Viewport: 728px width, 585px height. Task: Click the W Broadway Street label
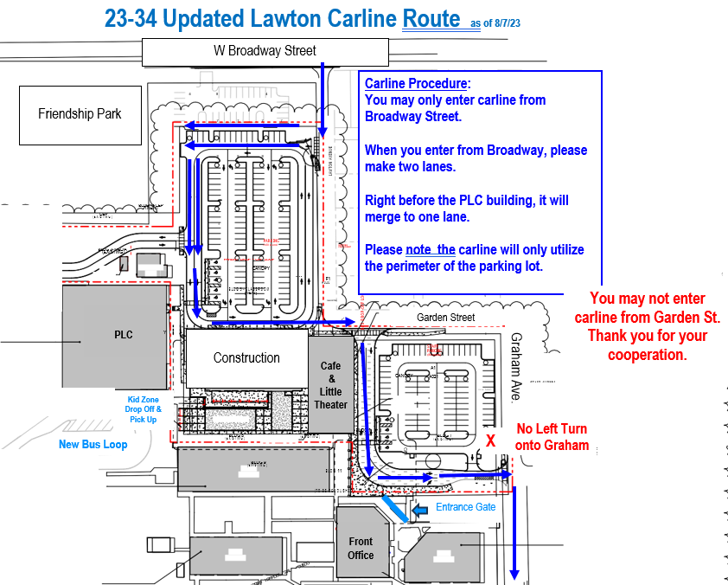tap(265, 51)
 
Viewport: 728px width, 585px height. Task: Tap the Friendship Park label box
tap(80, 114)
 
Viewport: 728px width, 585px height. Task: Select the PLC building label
tap(124, 335)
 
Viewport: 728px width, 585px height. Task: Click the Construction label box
tap(246, 357)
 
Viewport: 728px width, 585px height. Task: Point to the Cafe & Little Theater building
tap(331, 384)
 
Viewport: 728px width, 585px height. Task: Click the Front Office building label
tap(361, 549)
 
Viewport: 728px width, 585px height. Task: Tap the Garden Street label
tap(446, 318)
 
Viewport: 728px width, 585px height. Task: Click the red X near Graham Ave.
tap(490, 440)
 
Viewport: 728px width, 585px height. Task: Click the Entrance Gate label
tap(465, 507)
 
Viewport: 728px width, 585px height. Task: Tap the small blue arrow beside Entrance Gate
tap(421, 511)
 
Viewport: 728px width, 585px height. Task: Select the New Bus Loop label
tap(93, 445)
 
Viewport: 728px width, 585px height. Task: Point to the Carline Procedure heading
tap(418, 84)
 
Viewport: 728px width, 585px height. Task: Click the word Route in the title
tap(431, 18)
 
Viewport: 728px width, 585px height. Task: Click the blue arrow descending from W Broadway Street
tap(323, 100)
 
